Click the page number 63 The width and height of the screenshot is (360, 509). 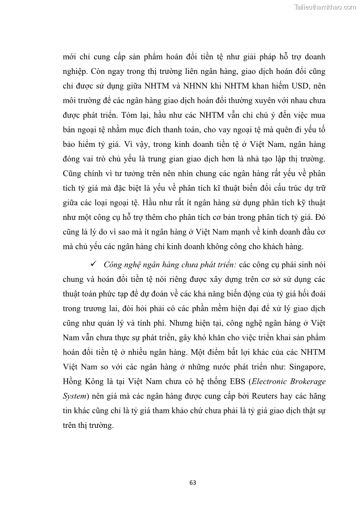click(193, 482)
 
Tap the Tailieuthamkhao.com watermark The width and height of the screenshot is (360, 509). click(325, 7)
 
